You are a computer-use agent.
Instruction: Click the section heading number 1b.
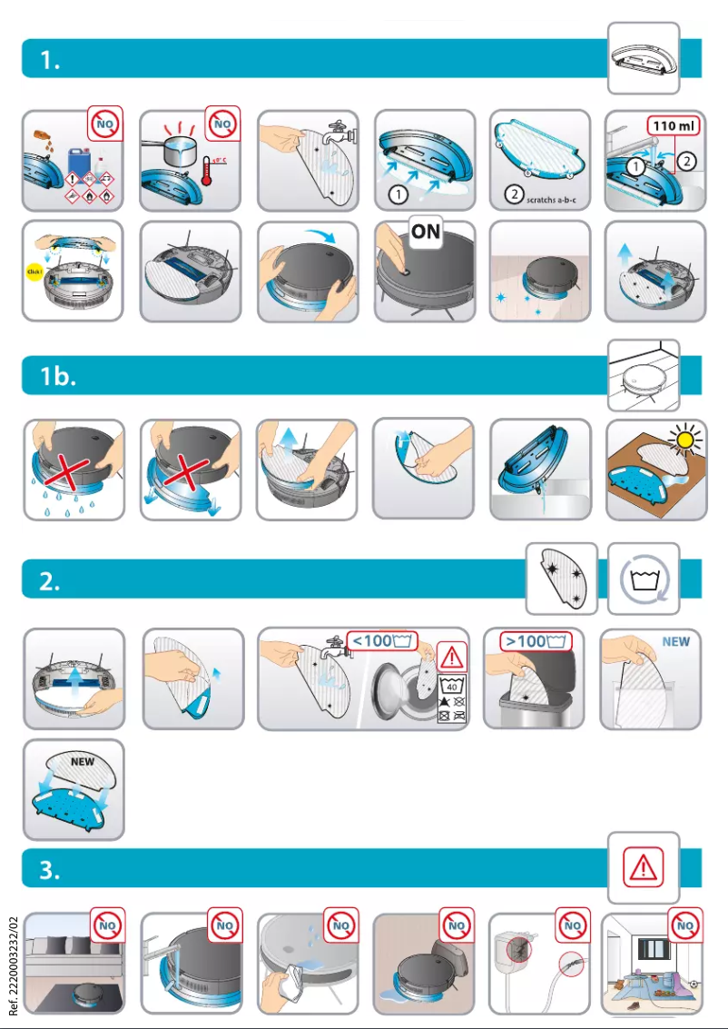pos(58,376)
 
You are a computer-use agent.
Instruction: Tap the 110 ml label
pos(672,124)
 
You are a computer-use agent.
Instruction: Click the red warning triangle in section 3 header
pos(644,867)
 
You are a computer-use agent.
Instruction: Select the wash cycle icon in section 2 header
pos(644,579)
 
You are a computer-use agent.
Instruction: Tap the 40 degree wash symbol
pos(451,686)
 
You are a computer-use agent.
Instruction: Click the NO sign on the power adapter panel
pos(573,927)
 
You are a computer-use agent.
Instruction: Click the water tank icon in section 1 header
pos(644,57)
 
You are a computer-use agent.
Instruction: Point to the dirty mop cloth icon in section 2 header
pos(562,579)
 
